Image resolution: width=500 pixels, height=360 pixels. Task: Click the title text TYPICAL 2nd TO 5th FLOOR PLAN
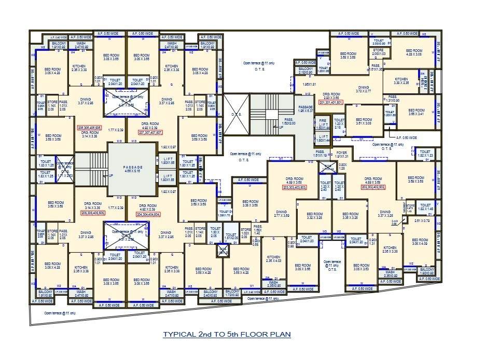(227, 335)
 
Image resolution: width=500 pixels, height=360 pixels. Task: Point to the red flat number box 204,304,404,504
(148, 214)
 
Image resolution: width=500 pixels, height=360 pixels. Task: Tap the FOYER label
(340, 154)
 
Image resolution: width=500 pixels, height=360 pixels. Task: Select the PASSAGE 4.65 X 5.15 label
(131, 169)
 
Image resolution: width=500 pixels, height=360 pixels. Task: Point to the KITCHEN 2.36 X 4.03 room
(273, 259)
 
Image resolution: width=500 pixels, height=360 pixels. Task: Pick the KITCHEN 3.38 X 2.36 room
(401, 81)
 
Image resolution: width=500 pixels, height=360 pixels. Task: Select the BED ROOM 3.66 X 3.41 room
(416, 112)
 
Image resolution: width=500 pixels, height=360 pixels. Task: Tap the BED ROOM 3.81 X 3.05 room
(363, 121)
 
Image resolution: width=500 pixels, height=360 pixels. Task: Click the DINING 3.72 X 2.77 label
(363, 89)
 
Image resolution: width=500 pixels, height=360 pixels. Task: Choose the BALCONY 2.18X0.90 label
(305, 71)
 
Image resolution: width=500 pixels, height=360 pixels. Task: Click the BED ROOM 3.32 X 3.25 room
(314, 216)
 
